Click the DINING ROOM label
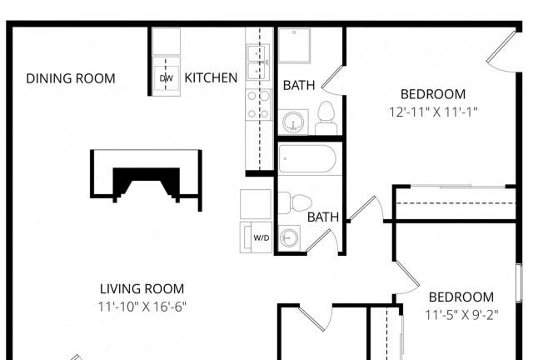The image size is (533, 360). pyautogui.click(x=71, y=78)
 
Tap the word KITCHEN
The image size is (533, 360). pyautogui.click(x=211, y=78)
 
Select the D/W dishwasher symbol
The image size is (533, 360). pyautogui.click(x=167, y=78)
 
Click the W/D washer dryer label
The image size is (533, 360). pyautogui.click(x=262, y=237)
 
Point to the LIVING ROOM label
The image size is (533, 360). pyautogui.click(x=142, y=289)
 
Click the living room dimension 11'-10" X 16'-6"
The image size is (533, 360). pyautogui.click(x=142, y=307)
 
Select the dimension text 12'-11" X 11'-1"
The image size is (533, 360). pyautogui.click(x=433, y=112)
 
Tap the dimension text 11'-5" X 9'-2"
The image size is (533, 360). pyautogui.click(x=461, y=315)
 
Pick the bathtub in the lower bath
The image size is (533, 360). pyautogui.click(x=307, y=159)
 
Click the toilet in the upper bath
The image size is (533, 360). pyautogui.click(x=326, y=117)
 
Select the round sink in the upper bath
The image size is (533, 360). pyautogui.click(x=293, y=122)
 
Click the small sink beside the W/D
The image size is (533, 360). pyautogui.click(x=289, y=237)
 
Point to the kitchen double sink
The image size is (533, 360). pyautogui.click(x=257, y=62)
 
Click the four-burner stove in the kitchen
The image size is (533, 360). pyautogui.click(x=259, y=104)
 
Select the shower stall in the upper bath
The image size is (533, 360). pyautogui.click(x=294, y=45)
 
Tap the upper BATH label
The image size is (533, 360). pyautogui.click(x=299, y=85)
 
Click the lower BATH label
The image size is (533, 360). pyautogui.click(x=323, y=217)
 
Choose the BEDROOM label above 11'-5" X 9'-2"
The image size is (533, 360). pyautogui.click(x=461, y=297)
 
